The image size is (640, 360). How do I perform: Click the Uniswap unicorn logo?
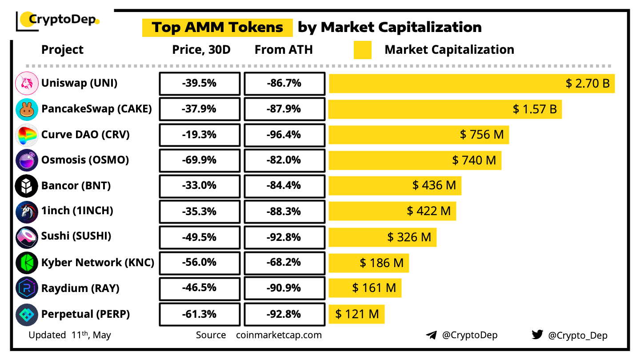[x=27, y=83]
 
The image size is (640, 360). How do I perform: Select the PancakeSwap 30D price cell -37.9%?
[x=199, y=109]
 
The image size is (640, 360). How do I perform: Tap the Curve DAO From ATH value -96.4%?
[x=284, y=134]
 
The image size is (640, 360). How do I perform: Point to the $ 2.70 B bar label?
[x=588, y=83]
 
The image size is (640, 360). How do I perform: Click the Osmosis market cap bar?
[x=415, y=160]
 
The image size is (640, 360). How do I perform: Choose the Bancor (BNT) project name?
[x=76, y=185]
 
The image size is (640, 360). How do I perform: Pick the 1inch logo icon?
[x=27, y=212]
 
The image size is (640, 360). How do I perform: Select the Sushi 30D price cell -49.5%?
[x=199, y=236]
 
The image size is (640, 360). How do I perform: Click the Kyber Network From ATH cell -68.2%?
[x=284, y=262]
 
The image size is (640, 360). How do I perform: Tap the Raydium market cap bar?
[x=365, y=288]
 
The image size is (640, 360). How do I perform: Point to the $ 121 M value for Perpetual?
[x=357, y=314]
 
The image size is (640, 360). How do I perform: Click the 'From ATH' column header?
[x=284, y=50]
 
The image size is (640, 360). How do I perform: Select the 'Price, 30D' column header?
[x=201, y=50]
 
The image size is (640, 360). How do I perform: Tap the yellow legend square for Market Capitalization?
[x=362, y=50]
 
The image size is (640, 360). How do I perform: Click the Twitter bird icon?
[x=537, y=335]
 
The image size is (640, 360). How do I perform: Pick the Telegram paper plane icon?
[x=431, y=335]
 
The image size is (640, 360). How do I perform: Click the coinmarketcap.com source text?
[x=279, y=335]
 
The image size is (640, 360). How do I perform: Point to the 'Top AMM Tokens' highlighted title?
[x=217, y=28]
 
